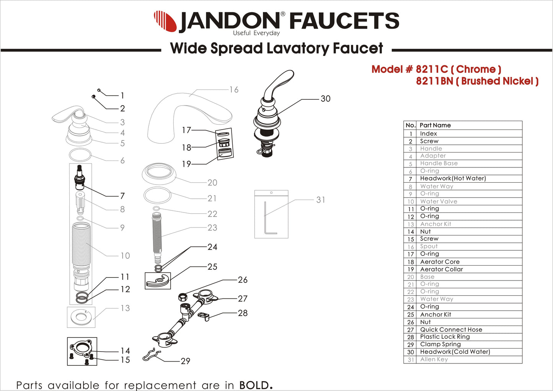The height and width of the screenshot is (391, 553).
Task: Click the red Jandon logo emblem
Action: point(165,21)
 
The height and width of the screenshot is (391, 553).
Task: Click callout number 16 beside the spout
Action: point(234,90)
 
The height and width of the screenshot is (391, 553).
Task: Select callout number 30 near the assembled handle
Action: point(325,99)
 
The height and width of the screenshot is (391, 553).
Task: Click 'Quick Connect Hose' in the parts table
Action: point(451,329)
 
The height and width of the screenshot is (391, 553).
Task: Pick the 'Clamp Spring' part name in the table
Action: point(440,344)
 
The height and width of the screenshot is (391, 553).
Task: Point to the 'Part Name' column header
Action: point(435,125)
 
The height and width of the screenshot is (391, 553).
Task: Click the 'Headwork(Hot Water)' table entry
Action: point(453,178)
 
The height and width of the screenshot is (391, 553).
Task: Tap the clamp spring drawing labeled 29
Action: point(152,355)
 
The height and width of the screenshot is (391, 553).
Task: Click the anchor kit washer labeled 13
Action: point(81,317)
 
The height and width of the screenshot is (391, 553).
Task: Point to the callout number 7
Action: point(122,196)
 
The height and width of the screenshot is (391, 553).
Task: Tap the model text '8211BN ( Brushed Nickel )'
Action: point(477,81)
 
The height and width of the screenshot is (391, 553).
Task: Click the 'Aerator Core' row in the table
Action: point(439,262)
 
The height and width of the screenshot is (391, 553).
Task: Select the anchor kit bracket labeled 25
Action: point(158,281)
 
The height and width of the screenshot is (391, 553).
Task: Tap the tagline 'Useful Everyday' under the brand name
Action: point(256,33)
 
